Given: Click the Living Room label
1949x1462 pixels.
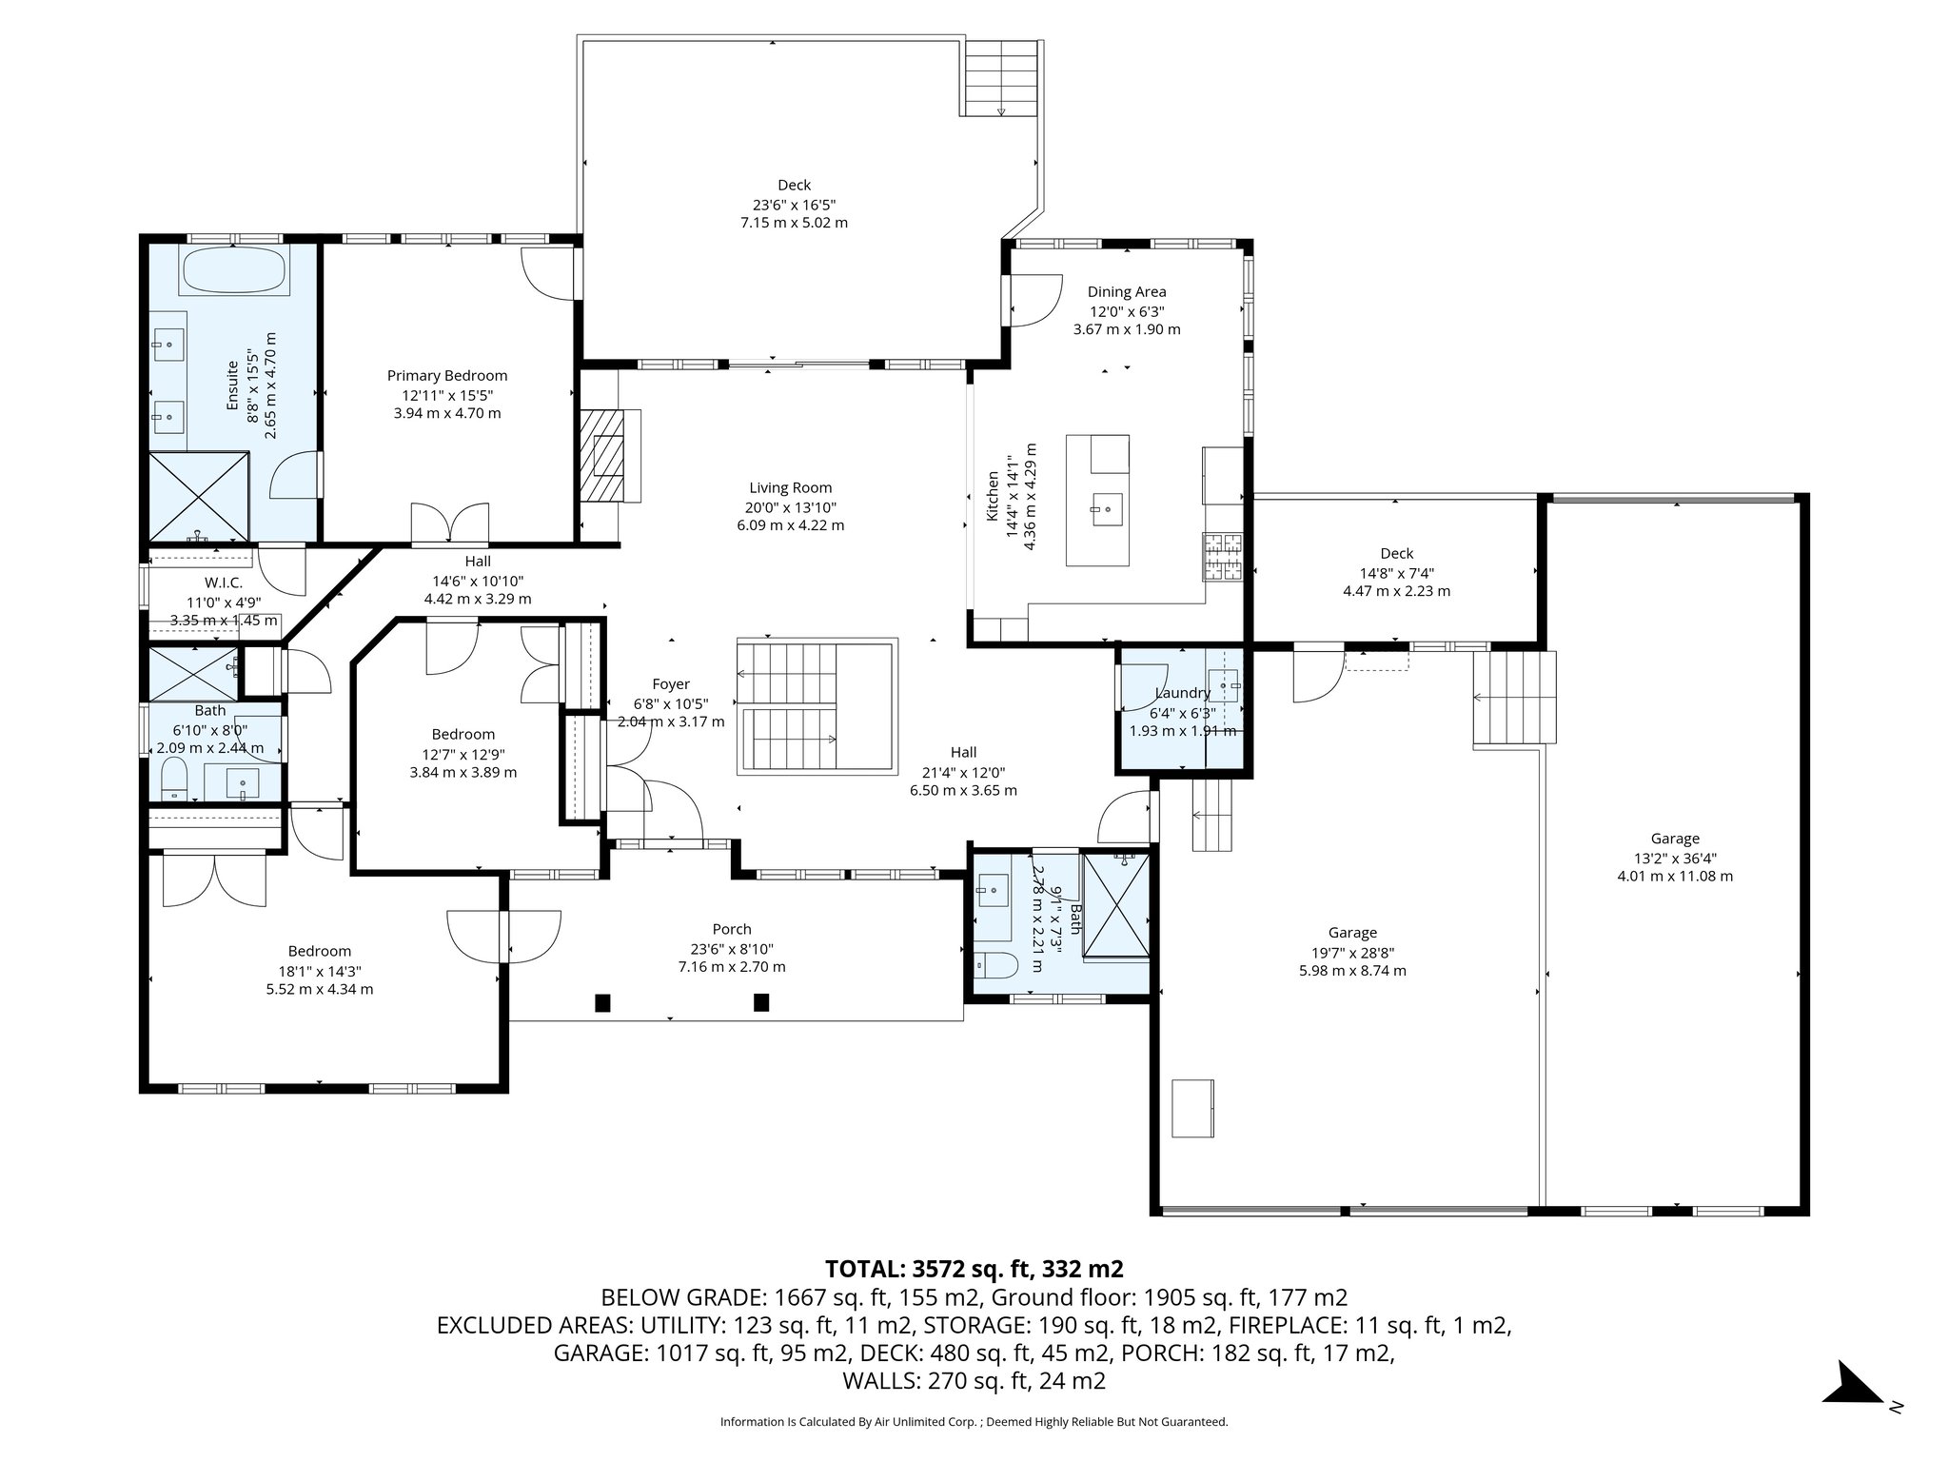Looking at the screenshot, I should pyautogui.click(x=790, y=488).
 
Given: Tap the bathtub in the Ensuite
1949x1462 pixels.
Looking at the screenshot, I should pyautogui.click(x=234, y=272).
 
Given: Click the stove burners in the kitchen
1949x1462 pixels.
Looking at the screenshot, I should pyautogui.click(x=1224, y=557).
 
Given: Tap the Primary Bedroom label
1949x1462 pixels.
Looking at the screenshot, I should pyautogui.click(x=447, y=376).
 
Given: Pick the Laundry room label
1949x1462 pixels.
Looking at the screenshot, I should pyautogui.click(x=1182, y=693).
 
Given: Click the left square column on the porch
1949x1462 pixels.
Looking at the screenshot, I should pyautogui.click(x=602, y=1002).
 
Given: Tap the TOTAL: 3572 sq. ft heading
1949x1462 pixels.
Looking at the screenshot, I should pyautogui.click(x=974, y=1269).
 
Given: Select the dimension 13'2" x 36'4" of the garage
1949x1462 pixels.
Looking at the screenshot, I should pyautogui.click(x=1675, y=858).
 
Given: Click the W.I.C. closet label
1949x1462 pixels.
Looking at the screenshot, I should pyautogui.click(x=224, y=583).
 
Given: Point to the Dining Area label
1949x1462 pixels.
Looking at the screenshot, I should pyautogui.click(x=1127, y=292).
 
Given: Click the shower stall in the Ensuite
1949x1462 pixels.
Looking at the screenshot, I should pyautogui.click(x=199, y=496).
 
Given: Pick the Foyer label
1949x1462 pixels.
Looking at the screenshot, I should pyautogui.click(x=671, y=684).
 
